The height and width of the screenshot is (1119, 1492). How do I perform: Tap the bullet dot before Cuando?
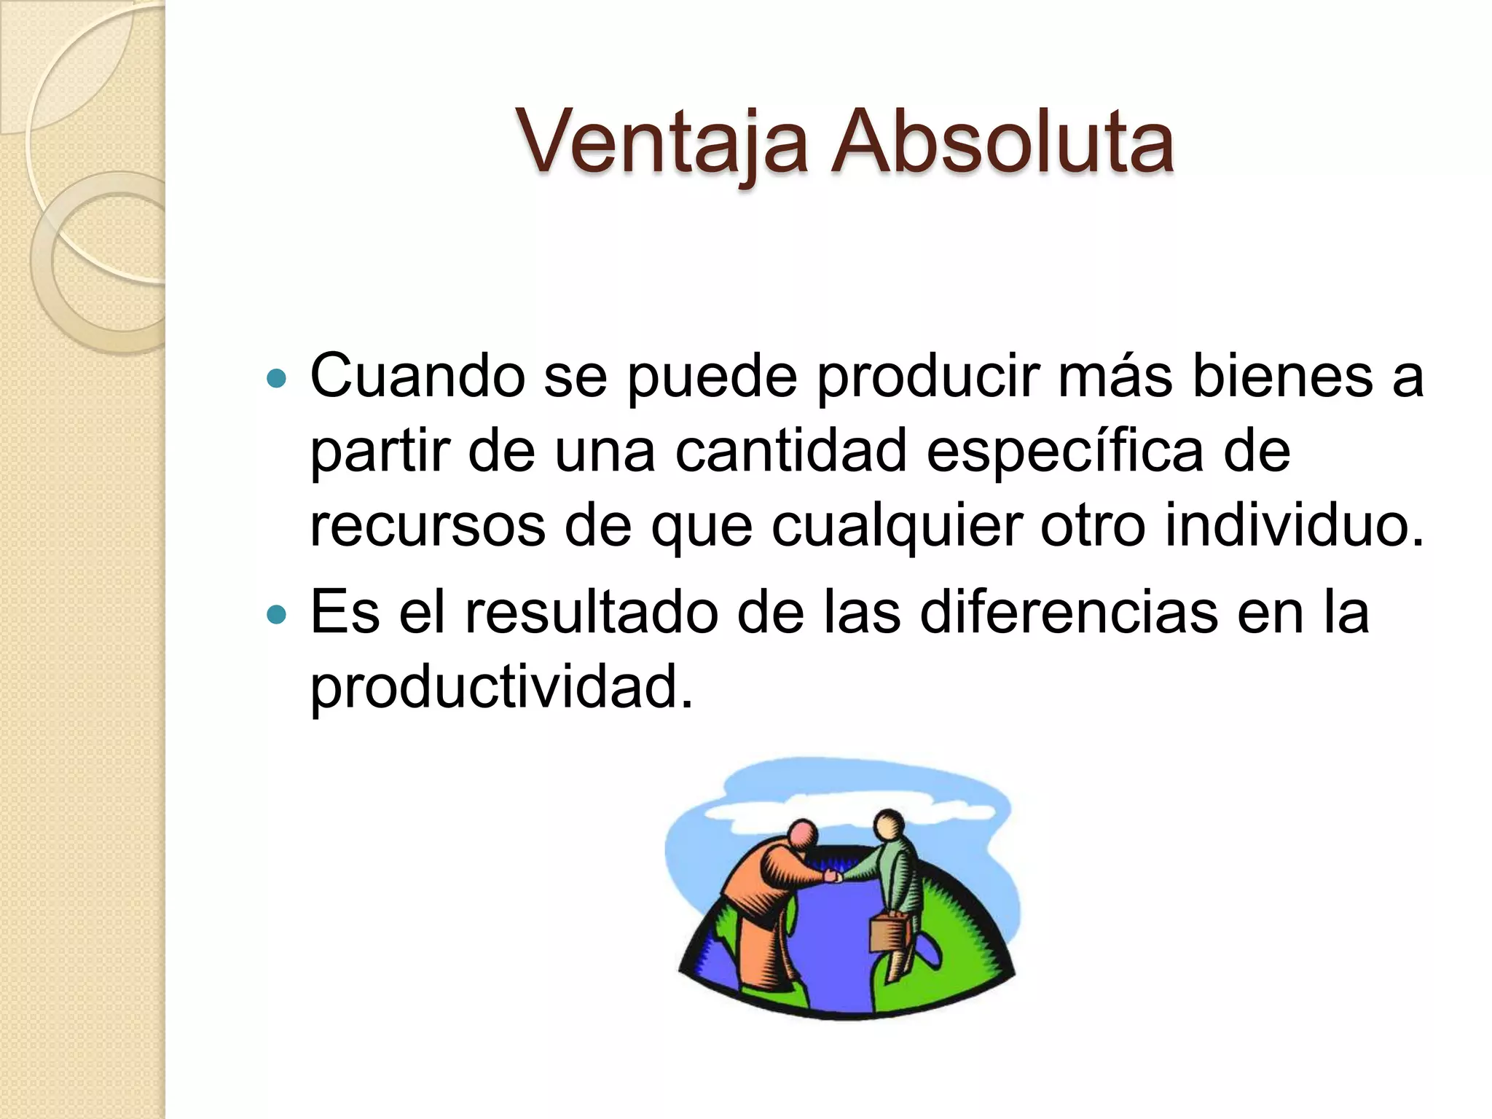coord(278,379)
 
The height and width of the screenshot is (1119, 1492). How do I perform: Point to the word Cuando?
coord(417,377)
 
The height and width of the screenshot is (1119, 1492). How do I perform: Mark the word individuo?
coord(1294,525)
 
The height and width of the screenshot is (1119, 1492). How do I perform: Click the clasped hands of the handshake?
coord(833,876)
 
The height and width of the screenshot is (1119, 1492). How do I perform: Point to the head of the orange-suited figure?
coord(804,834)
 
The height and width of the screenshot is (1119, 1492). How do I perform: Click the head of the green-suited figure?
coord(889,826)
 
